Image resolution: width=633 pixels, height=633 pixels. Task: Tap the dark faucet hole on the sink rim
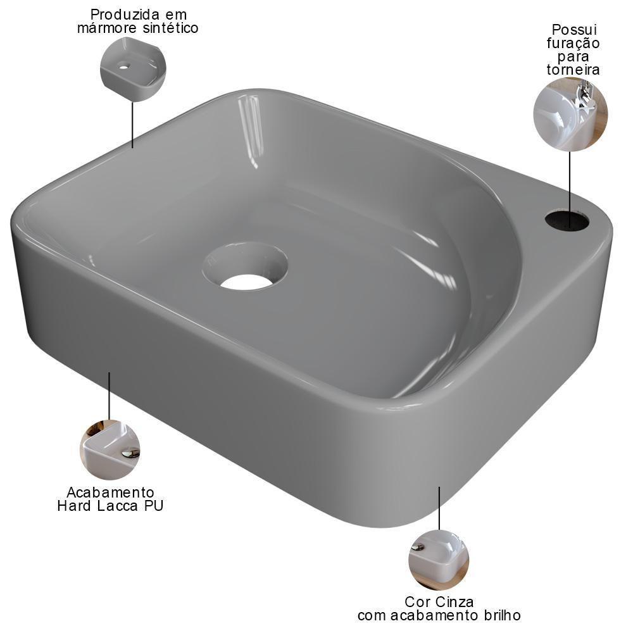point(567,220)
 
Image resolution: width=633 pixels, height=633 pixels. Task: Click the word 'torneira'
point(573,70)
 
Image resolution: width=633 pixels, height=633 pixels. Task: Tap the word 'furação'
point(573,43)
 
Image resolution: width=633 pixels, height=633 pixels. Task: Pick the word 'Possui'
point(574,30)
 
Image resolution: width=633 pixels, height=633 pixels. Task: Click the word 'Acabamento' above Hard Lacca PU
point(111,492)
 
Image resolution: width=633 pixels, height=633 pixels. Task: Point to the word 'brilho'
point(500,615)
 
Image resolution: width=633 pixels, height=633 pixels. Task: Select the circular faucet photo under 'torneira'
point(570,115)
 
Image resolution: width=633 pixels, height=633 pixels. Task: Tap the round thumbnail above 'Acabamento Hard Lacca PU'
point(110,449)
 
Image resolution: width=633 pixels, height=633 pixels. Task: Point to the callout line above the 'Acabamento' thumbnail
point(110,396)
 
